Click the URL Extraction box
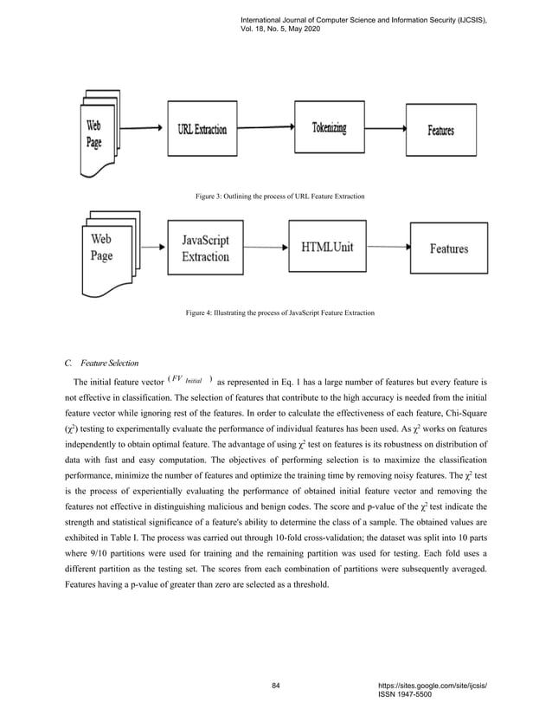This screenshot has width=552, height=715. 203,130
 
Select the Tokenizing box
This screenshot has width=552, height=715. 329,128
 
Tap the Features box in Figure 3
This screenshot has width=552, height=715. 440,131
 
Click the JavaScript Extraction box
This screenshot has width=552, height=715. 206,248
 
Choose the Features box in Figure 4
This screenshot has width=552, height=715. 449,248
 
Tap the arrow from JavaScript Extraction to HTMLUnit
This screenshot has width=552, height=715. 266,248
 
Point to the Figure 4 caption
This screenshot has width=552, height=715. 280,311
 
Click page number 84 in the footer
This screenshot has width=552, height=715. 276,686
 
